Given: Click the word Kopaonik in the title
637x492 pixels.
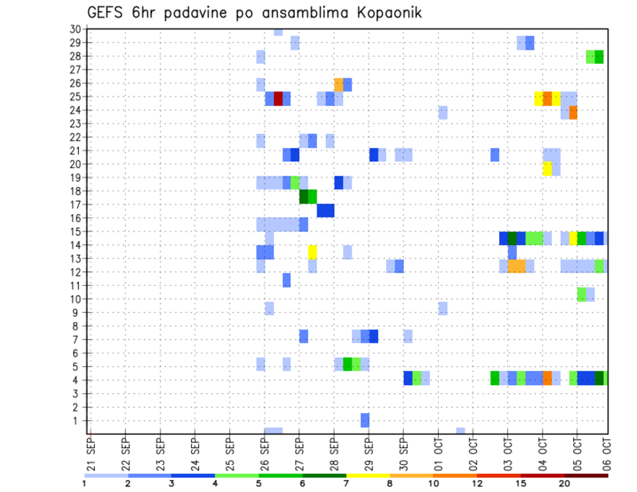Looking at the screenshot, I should (386, 13).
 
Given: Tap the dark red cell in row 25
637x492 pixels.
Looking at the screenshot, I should (278, 99).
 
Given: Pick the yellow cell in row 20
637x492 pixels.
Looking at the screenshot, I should (547, 168).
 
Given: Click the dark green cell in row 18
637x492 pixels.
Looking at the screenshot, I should (304, 197).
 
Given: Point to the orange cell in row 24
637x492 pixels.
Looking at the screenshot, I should (573, 112).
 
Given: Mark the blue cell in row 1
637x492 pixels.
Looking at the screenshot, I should (365, 420).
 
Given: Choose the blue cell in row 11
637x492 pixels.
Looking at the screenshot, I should (287, 280).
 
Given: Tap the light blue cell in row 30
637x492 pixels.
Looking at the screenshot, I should (278, 32).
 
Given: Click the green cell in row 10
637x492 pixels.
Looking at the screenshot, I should (582, 294).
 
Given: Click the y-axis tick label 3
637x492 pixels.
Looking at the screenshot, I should (77, 393).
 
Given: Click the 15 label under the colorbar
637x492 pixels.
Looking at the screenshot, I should (520, 483).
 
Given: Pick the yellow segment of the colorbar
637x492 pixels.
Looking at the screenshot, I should (368, 475).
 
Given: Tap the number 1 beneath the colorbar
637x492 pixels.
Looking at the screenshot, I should (84, 483).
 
